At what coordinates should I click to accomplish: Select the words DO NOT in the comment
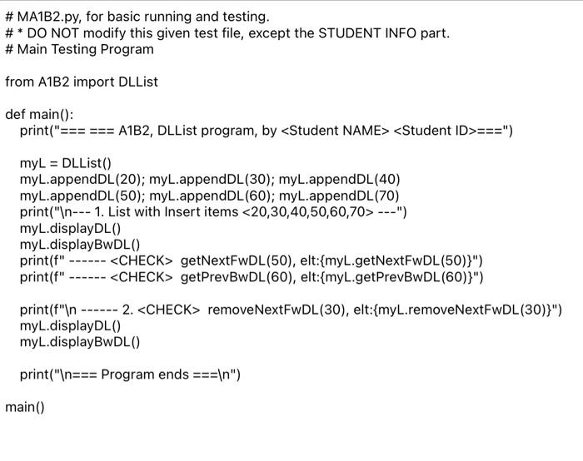[52, 33]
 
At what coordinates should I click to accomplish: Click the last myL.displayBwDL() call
[80, 342]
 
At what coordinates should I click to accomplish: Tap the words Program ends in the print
[146, 374]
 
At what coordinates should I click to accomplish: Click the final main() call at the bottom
[24, 407]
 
